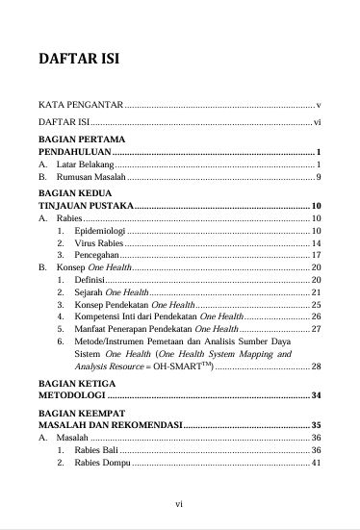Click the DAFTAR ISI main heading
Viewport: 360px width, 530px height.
77,60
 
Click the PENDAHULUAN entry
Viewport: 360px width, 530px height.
73,152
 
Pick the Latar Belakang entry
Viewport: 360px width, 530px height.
86,165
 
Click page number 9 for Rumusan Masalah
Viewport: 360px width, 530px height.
318,178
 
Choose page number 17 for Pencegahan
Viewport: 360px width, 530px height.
316,255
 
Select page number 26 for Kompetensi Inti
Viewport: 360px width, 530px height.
316,315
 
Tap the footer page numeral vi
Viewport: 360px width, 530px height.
179,502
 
